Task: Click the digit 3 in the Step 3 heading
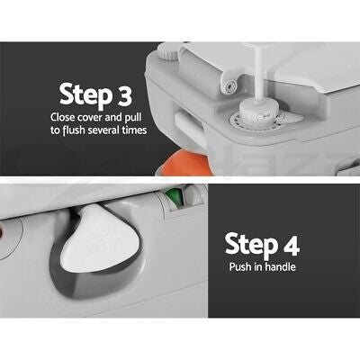pos(123,95)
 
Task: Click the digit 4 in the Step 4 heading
pos(291,244)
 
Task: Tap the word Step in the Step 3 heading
pos(85,95)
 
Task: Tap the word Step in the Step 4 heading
pos(251,246)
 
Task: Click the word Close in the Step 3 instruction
pos(63,117)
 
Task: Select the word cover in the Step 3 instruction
pos(90,118)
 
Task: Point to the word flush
pos(74,130)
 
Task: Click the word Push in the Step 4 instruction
pos(240,266)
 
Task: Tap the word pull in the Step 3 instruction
pos(132,118)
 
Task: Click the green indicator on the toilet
pos(174,196)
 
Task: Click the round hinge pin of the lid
pos(229,85)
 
